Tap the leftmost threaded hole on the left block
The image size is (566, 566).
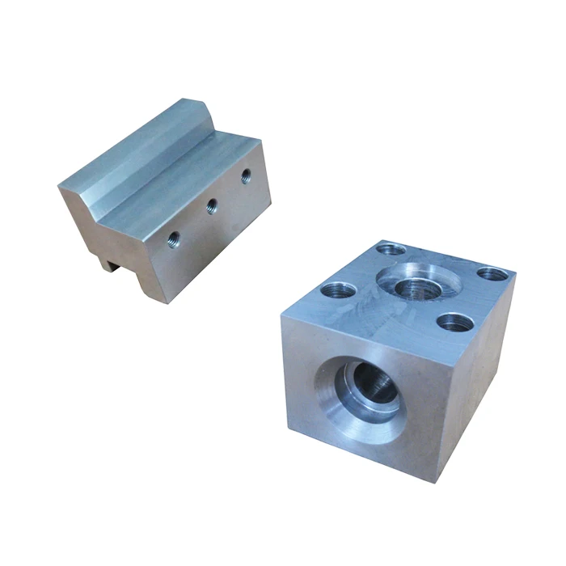[173, 239]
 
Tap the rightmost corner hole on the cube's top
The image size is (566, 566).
[492, 273]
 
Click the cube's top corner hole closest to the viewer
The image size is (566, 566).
[454, 323]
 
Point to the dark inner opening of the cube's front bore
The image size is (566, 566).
[374, 384]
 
